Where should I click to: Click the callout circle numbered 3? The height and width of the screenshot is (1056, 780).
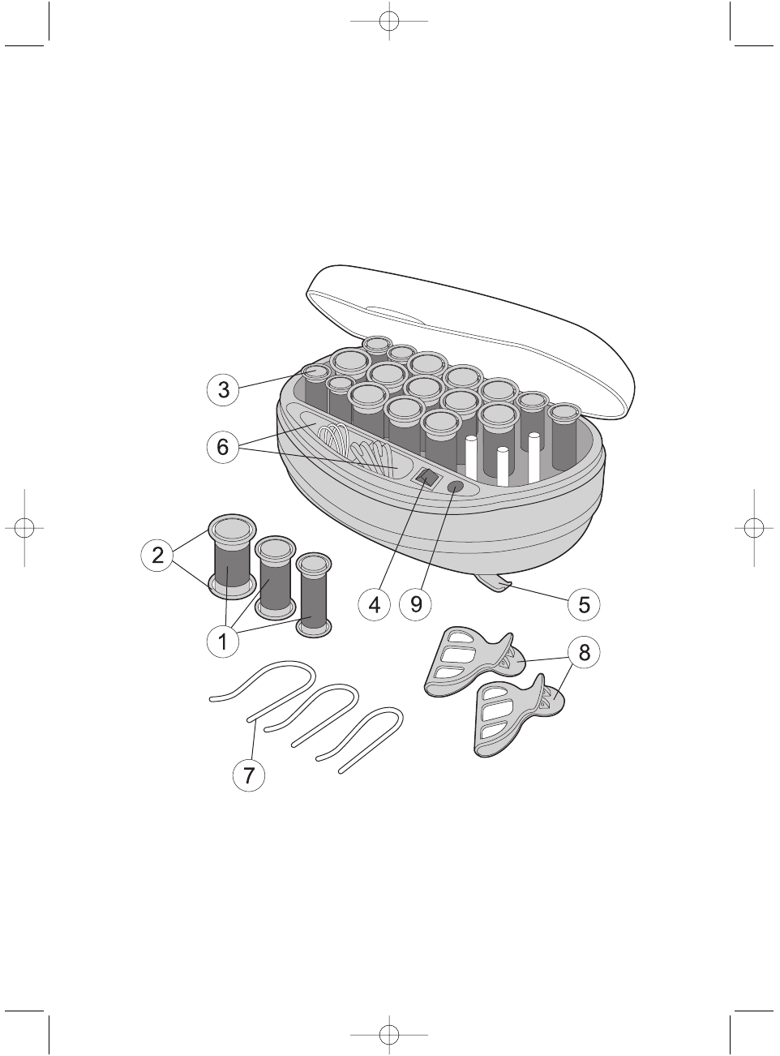click(x=223, y=389)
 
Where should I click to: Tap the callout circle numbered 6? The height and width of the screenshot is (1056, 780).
click(x=223, y=447)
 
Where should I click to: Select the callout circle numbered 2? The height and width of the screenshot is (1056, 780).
click(x=157, y=555)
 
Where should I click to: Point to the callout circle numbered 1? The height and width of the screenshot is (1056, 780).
click(x=223, y=642)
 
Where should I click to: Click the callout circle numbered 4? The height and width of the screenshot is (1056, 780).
click(x=375, y=605)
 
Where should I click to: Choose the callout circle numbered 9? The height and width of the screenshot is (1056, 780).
click(x=416, y=605)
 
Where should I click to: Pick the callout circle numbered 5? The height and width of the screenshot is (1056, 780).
click(x=584, y=605)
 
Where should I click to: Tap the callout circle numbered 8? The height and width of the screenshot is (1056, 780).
click(x=584, y=652)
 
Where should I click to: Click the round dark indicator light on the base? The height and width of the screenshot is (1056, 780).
click(x=456, y=487)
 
